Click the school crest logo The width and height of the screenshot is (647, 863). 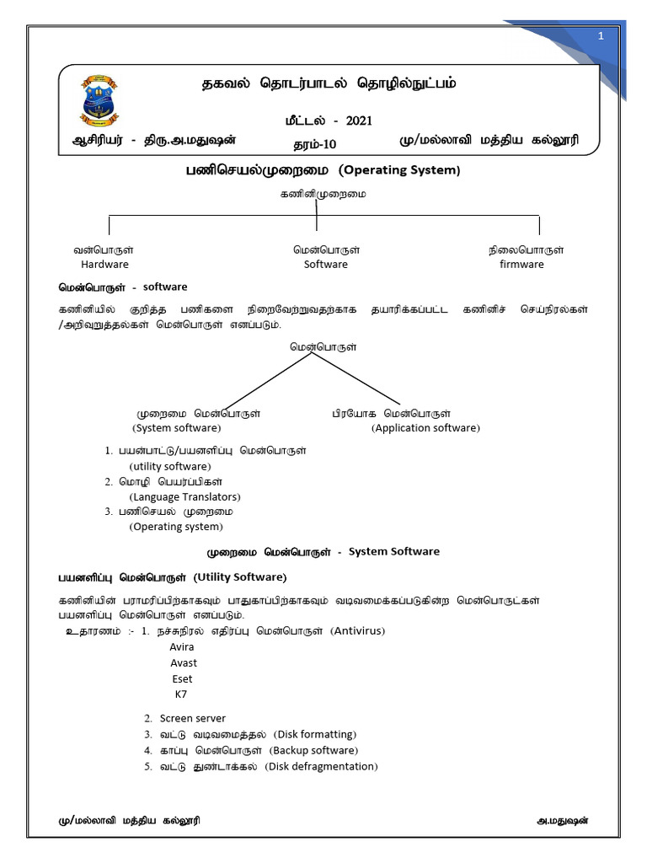pyautogui.click(x=99, y=100)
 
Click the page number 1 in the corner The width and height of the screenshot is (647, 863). pyautogui.click(x=602, y=35)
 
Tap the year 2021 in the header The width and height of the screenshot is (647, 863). pyautogui.click(x=358, y=121)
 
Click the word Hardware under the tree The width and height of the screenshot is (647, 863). pyautogui.click(x=104, y=264)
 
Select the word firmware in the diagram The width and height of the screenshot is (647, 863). pyautogui.click(x=521, y=264)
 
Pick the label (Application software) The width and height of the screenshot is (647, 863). pyautogui.click(x=425, y=427)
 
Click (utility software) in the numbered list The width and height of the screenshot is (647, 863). pyautogui.click(x=170, y=466)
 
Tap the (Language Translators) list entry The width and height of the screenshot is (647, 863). pyautogui.click(x=184, y=496)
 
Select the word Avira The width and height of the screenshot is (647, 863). pyautogui.click(x=182, y=646)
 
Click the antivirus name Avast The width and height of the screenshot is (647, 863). pyautogui.click(x=184, y=662)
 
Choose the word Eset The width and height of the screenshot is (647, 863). pyautogui.click(x=182, y=678)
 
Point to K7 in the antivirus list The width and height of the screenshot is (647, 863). pyautogui.click(x=181, y=694)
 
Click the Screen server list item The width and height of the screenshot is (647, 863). pyautogui.click(x=192, y=718)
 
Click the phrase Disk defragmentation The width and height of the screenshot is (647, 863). pyautogui.click(x=321, y=766)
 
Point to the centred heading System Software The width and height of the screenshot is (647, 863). pyautogui.click(x=393, y=551)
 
